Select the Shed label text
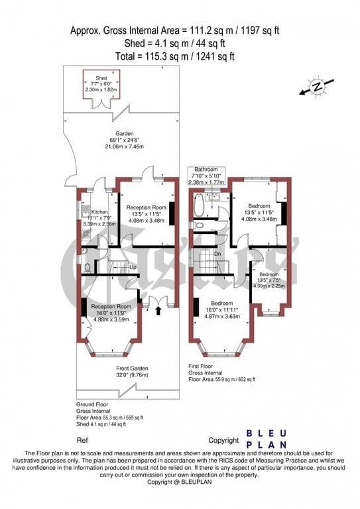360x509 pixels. [x=101, y=77]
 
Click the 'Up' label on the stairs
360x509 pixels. [x=133, y=267]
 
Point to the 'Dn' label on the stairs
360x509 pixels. [x=217, y=254]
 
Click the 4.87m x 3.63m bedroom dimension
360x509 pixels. [x=221, y=317]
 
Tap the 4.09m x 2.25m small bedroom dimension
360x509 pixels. [x=269, y=286]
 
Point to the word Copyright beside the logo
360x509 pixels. [x=223, y=440]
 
